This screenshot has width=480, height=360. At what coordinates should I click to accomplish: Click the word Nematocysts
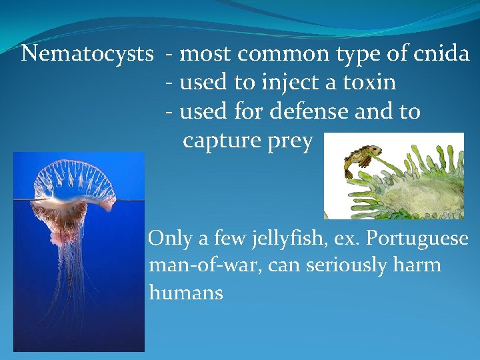click(87, 53)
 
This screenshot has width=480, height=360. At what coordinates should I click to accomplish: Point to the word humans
click(186, 292)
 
